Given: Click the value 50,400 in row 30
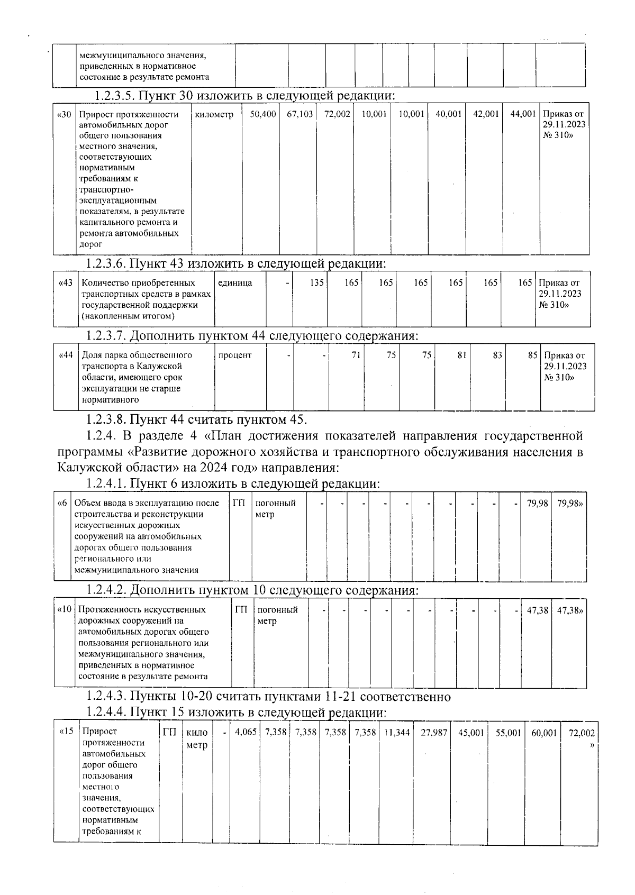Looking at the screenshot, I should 263,114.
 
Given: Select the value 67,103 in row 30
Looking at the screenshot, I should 300,114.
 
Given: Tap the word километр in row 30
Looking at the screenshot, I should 214,114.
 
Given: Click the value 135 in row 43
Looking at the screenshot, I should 316,282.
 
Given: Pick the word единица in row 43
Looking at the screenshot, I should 235,282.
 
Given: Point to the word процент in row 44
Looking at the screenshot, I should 235,355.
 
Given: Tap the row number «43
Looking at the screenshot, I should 65,282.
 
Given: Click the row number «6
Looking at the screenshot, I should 62,503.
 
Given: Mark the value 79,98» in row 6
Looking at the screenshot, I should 570,503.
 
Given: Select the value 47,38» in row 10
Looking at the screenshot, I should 570,610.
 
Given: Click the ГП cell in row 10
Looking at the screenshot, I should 241,609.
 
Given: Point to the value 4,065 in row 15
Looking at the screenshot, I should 246,733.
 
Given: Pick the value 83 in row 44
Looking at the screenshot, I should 497,355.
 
